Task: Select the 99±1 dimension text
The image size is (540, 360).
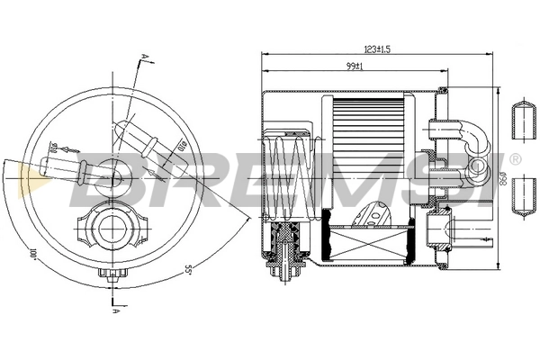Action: click(353, 66)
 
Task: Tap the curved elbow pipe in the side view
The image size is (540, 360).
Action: click(472, 137)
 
